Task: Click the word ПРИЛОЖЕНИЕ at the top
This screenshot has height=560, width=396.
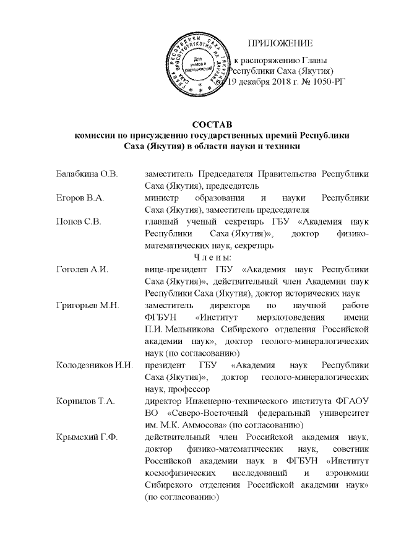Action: tap(280, 43)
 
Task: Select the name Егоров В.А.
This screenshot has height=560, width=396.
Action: tap(76, 197)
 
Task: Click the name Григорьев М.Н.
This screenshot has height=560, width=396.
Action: tap(83, 305)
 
